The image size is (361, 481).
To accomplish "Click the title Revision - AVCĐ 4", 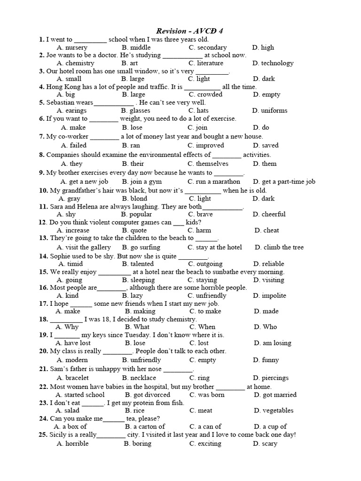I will [x=189, y=31].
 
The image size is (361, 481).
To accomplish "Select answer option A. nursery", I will [x=72, y=47].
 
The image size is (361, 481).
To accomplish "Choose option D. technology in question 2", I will [x=273, y=63].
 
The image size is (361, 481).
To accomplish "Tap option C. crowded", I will [x=205, y=94].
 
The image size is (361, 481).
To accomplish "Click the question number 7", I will [x=42, y=136].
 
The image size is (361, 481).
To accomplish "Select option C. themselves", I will [x=208, y=163].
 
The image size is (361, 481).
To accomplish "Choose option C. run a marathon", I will [x=214, y=181].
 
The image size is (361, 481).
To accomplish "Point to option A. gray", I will [x=70, y=198].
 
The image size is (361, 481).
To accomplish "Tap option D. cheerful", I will [x=269, y=214].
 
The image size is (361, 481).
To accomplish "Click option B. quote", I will [x=134, y=230].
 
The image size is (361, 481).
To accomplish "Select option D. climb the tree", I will [x=279, y=247].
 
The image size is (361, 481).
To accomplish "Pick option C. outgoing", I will [x=205, y=264].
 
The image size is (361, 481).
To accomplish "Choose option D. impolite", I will [x=269, y=295].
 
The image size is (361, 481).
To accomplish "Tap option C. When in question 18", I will [x=203, y=326].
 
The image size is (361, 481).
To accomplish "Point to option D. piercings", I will [x=271, y=378].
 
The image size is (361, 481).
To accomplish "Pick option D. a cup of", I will [x=270, y=427].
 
